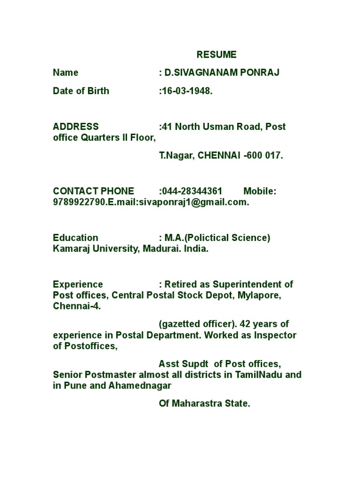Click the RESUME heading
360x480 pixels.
coord(217,55)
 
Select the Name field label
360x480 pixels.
coord(66,73)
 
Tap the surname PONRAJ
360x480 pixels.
coord(263,73)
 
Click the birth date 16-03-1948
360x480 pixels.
coord(187,91)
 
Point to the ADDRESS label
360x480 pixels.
coord(76,127)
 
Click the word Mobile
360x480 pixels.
coord(259,191)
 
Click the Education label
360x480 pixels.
coord(75,238)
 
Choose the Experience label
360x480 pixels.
coord(78,284)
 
